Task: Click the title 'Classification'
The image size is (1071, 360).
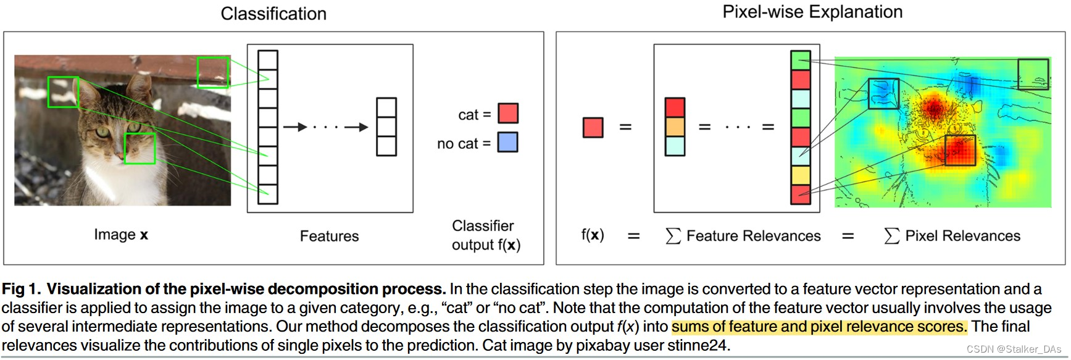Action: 273,14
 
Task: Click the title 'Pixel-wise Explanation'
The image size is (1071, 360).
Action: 812,12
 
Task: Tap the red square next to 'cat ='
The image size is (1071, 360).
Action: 508,114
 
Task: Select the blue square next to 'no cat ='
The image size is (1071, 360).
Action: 508,143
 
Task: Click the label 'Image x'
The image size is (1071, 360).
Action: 121,235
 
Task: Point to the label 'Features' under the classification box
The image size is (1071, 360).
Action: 329,236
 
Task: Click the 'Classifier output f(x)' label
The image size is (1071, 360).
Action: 486,235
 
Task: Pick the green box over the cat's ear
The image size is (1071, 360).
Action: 63,92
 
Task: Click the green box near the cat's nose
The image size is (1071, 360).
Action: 140,148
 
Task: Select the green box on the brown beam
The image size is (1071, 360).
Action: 213,72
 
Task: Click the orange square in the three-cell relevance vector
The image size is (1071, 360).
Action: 675,127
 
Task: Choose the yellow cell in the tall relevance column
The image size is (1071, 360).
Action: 800,175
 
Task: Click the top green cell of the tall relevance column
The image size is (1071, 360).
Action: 800,61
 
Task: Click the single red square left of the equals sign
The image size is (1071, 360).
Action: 593,127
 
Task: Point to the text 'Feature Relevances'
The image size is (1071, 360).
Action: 753,236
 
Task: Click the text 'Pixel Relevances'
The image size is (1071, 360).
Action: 962,236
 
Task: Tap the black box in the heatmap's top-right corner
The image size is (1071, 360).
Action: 1033,74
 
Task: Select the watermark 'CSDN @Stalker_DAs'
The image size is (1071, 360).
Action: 1014,350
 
